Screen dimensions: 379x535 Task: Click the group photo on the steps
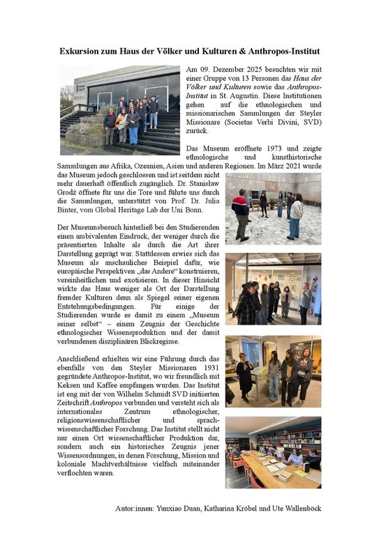click(119, 109)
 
